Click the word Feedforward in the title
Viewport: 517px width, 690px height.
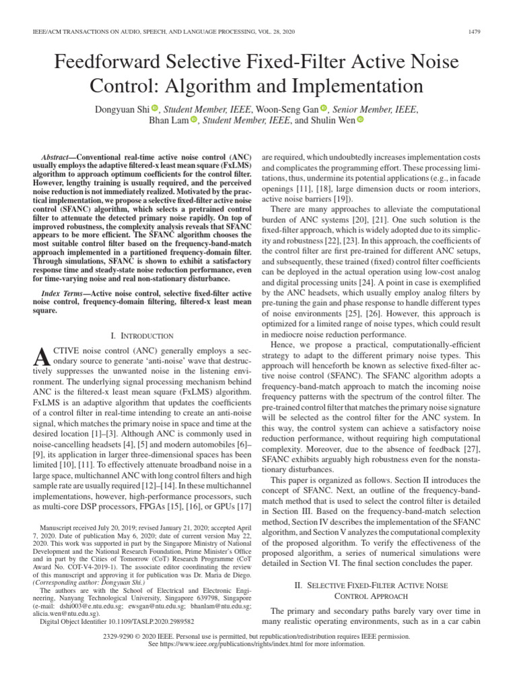click(x=114, y=63)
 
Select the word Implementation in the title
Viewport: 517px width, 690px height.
click(x=359, y=87)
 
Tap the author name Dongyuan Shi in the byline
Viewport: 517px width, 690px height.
click(x=118, y=108)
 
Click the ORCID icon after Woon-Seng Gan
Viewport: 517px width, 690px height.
click(x=323, y=108)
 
